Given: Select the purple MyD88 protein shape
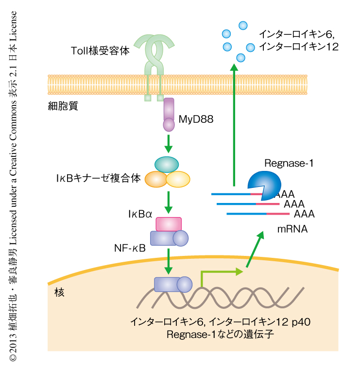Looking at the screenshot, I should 168,114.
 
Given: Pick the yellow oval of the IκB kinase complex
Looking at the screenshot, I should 178,179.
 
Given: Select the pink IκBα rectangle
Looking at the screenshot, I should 169,224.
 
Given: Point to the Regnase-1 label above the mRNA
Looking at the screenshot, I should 289,164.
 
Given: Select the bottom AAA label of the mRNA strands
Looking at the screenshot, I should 304,214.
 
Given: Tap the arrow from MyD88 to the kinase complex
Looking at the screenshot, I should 168,142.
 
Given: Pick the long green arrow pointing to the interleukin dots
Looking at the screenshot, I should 234,126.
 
